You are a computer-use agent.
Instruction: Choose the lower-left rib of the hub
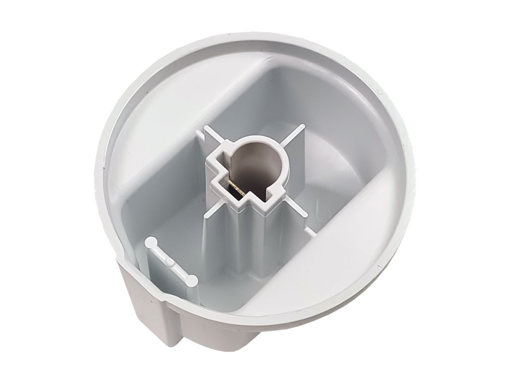point(212,212)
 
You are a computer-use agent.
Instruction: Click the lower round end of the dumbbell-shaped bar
point(192,280)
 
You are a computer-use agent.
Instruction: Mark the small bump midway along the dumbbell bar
point(171,262)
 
